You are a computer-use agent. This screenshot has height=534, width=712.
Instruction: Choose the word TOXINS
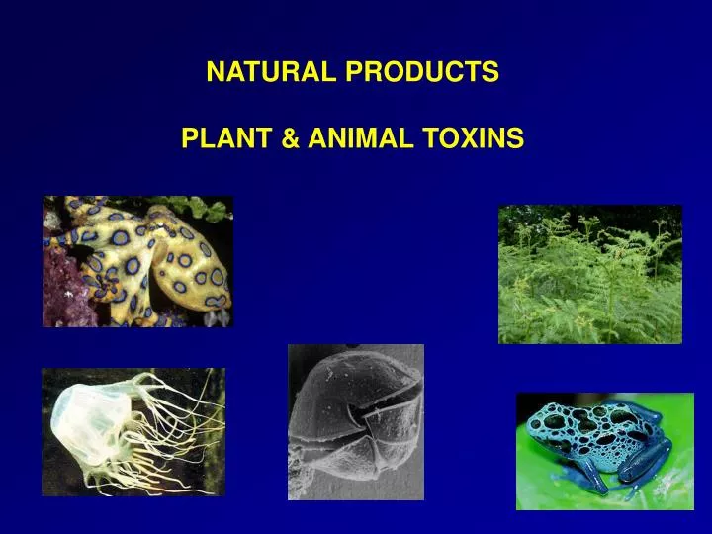[472, 140]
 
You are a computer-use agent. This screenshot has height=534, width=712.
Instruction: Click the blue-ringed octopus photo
[137, 261]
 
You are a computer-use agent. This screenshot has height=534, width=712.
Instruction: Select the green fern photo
[589, 274]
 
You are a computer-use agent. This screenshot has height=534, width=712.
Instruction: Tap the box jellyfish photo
[133, 431]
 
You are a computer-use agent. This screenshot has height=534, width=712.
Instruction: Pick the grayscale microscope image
[355, 422]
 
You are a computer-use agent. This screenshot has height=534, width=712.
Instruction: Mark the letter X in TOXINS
[472, 140]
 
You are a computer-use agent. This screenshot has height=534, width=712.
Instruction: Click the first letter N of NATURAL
[214, 72]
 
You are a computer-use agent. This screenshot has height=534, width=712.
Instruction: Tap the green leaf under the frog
[554, 489]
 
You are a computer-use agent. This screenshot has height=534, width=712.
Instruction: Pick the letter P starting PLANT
[189, 140]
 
